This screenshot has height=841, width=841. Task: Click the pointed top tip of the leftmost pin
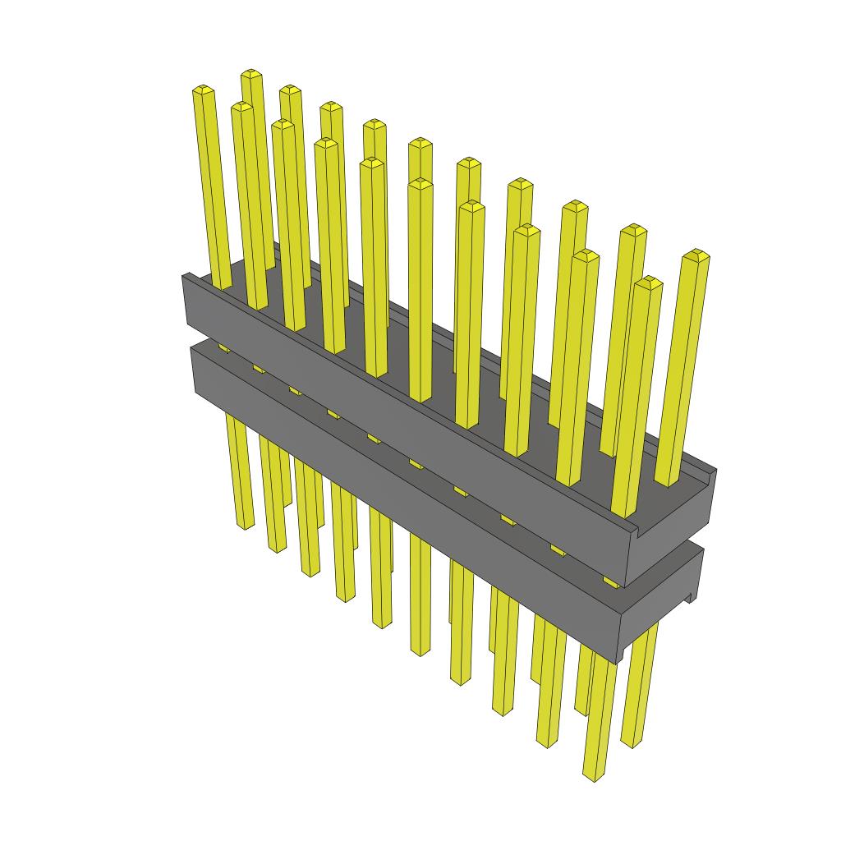coord(202,89)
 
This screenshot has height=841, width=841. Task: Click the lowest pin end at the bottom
coord(594,775)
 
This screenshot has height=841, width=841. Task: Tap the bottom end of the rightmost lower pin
coord(631,743)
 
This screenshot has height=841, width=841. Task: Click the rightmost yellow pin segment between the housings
coord(611,581)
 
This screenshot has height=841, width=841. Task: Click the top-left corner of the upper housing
coord(184,276)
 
